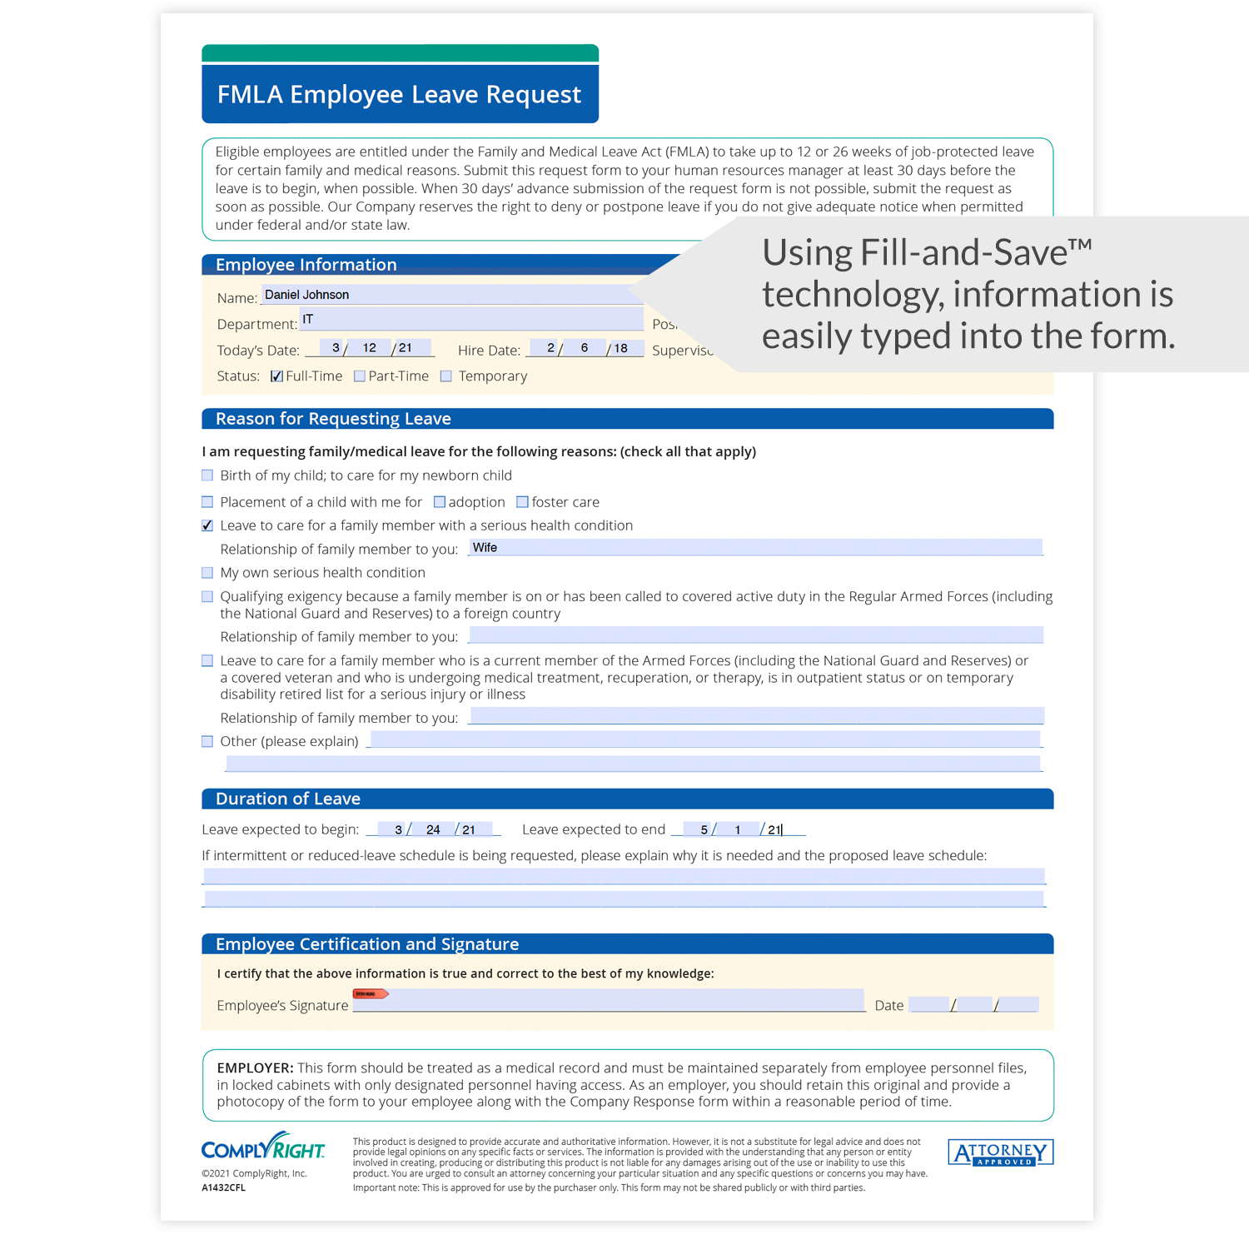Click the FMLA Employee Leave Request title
(x=399, y=94)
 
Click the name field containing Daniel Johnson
(x=450, y=295)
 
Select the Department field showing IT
(x=471, y=320)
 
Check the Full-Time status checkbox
(x=276, y=376)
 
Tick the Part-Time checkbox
(x=360, y=376)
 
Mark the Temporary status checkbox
(x=446, y=376)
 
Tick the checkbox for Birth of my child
(x=207, y=475)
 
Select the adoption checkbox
(x=440, y=502)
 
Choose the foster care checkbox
(x=522, y=502)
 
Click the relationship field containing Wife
(x=754, y=548)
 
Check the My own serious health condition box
(x=207, y=573)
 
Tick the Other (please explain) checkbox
(x=207, y=741)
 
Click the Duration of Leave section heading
(x=288, y=799)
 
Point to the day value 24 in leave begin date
(x=433, y=829)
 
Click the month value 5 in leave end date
(x=704, y=829)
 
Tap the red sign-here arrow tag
(x=370, y=993)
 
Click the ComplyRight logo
(x=263, y=1148)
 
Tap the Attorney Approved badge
(x=1000, y=1153)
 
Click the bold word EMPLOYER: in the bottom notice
(x=255, y=1067)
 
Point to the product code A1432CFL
(x=223, y=1188)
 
